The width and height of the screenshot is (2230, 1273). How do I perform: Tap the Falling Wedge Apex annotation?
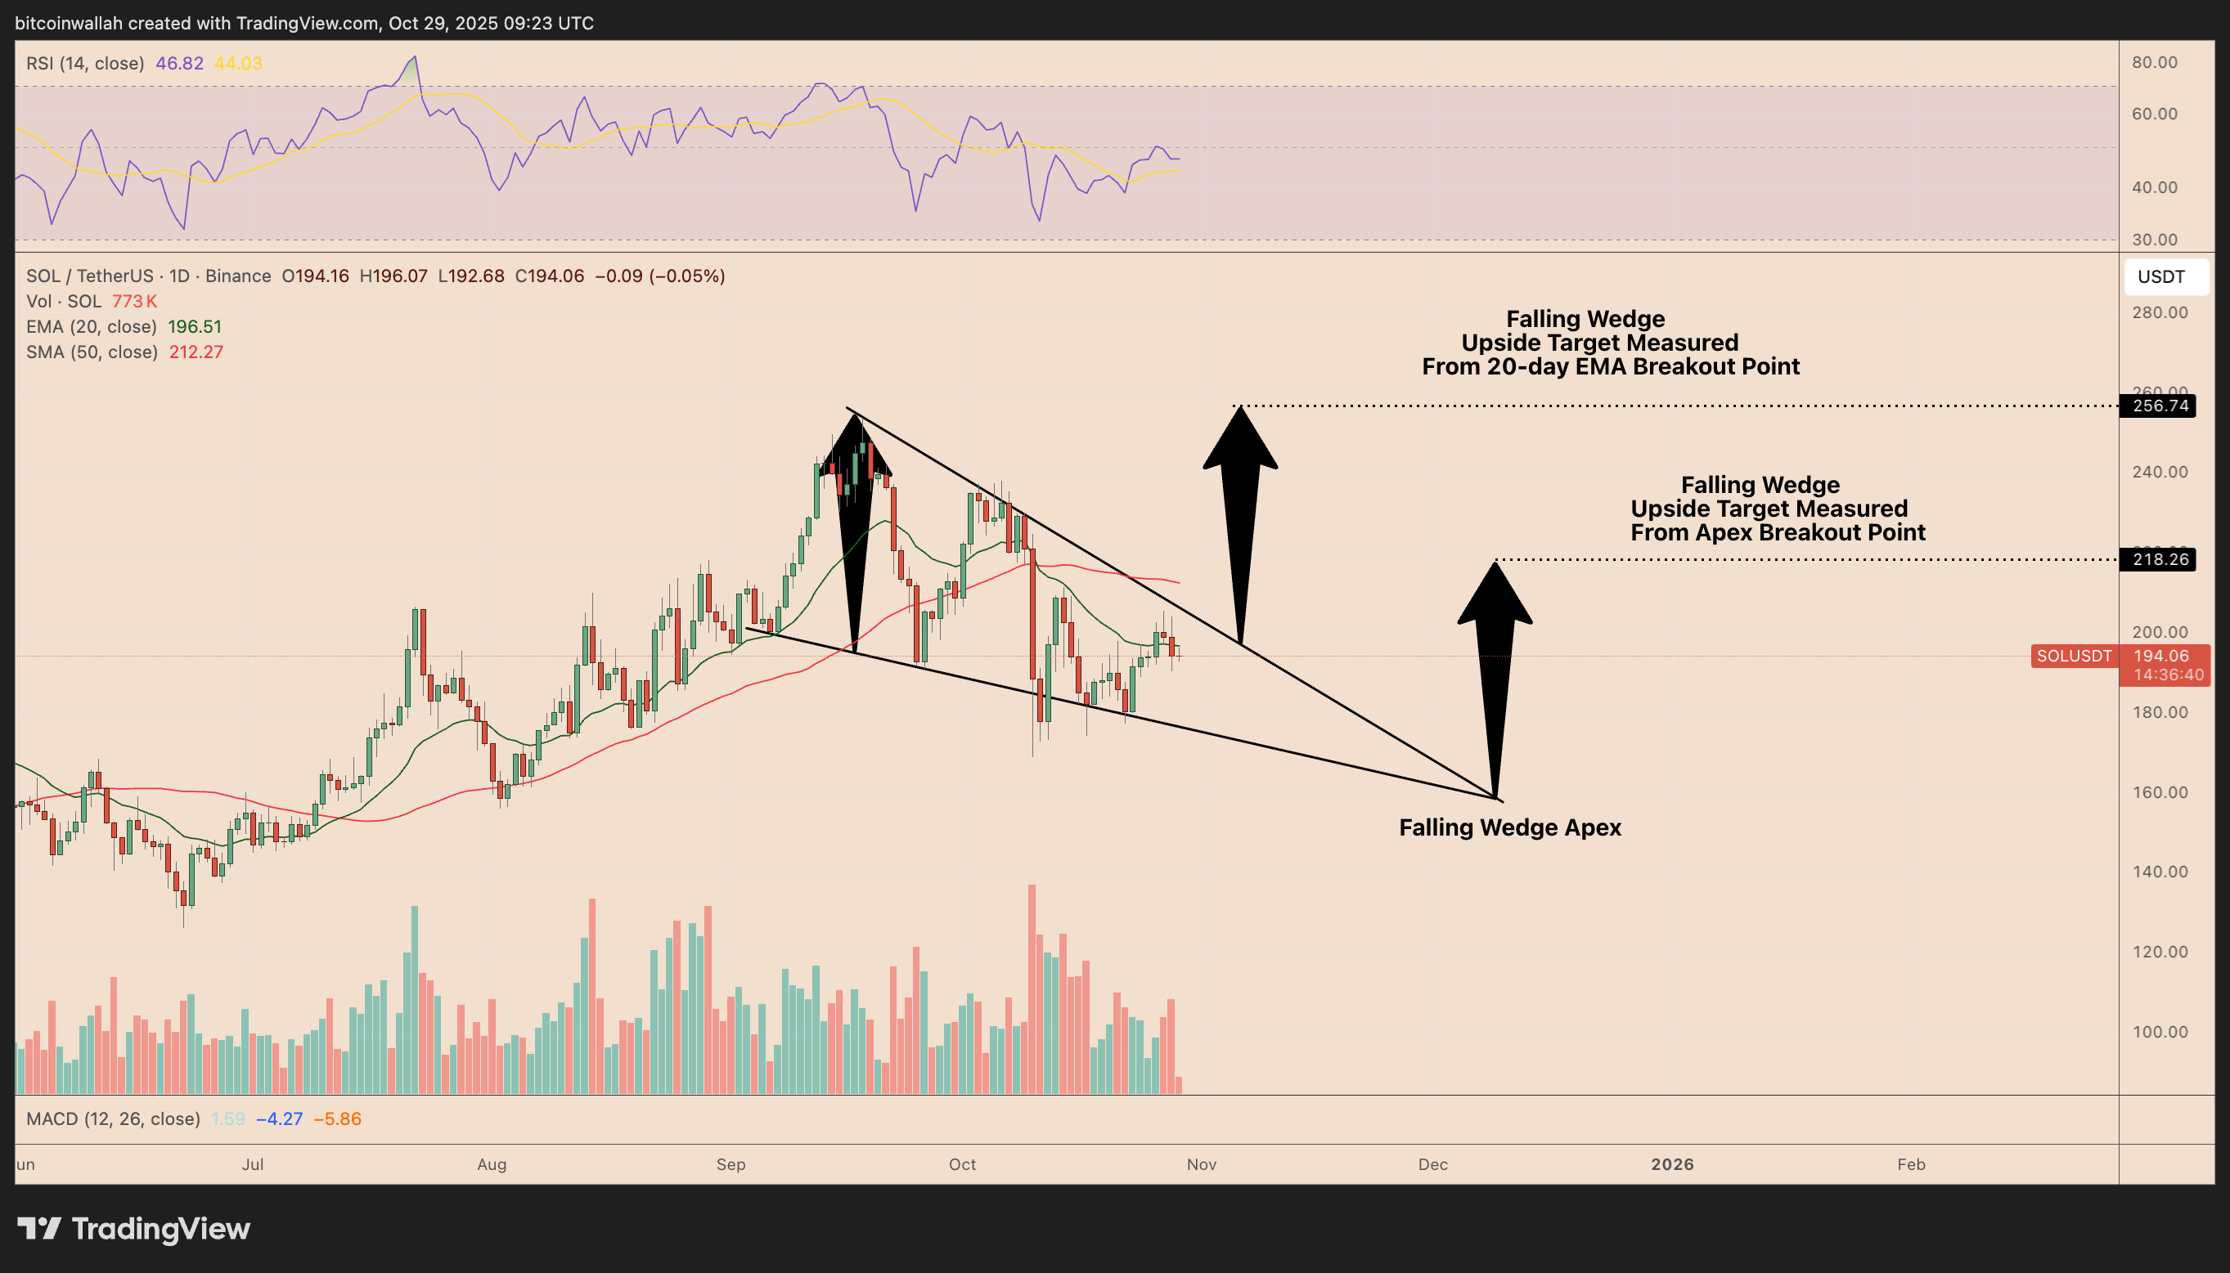point(1509,827)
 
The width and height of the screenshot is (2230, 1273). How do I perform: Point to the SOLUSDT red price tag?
point(2074,656)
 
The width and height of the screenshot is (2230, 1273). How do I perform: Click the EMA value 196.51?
point(194,327)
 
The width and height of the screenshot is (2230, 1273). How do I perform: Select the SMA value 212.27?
point(195,352)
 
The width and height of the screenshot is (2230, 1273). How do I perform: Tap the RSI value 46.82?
point(179,64)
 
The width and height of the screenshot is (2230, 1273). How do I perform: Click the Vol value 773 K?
point(135,302)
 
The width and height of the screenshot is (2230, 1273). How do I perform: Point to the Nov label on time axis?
point(1202,1164)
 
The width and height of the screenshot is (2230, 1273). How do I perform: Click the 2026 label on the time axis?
point(1672,1164)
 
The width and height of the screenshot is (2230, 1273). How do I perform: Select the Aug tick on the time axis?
point(492,1164)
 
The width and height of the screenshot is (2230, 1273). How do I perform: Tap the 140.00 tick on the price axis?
point(2160,872)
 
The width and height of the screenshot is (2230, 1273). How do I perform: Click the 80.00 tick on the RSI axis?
point(2155,62)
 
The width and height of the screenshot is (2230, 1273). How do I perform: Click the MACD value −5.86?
point(337,1119)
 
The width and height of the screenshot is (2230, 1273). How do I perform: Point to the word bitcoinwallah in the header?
point(69,24)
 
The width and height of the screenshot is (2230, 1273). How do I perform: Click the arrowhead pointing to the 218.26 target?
point(1495,594)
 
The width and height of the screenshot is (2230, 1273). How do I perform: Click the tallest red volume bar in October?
point(1032,988)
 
